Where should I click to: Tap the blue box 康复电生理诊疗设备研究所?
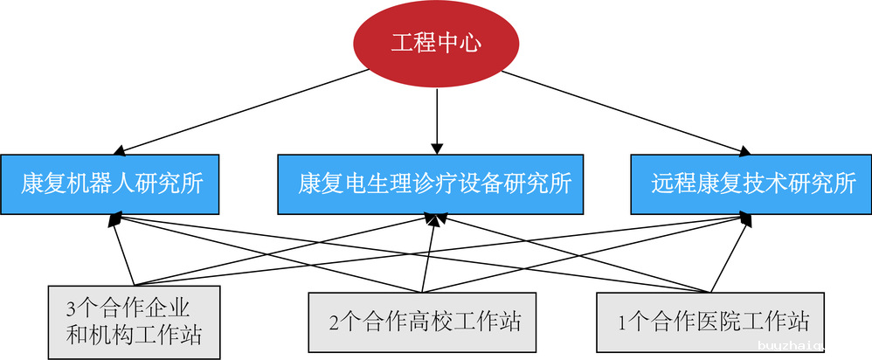pyautogui.click(x=435, y=184)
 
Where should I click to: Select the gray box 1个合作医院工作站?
pyautogui.click(x=709, y=321)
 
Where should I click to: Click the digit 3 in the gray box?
pyautogui.click(x=71, y=308)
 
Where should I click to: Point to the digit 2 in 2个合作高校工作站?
pyautogui.click(x=334, y=322)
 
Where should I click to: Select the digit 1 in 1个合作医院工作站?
pyautogui.click(x=621, y=322)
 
